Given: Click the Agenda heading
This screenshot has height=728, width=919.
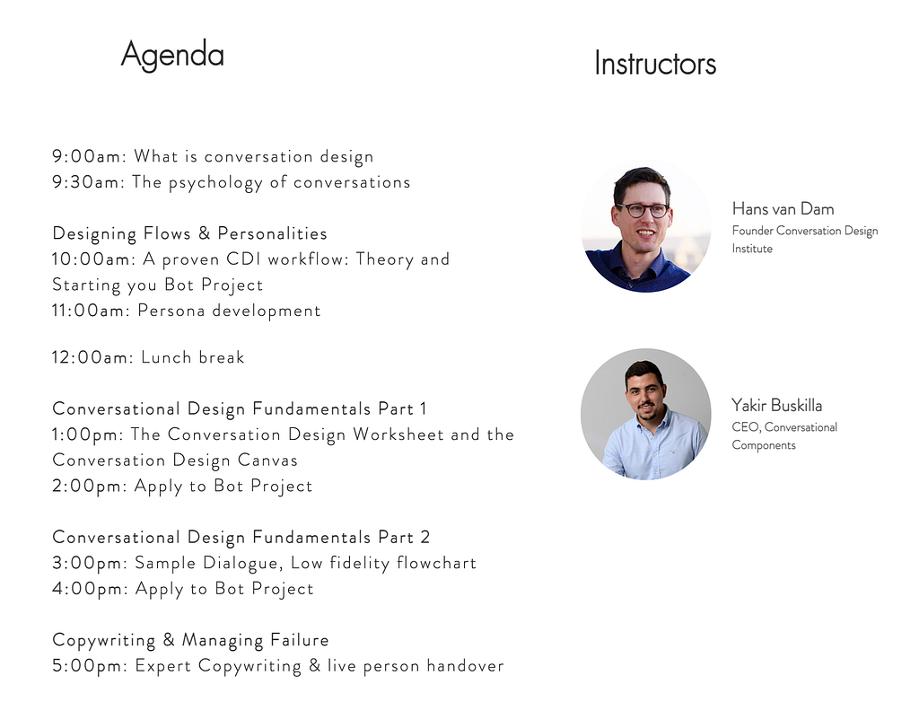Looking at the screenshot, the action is tap(172, 56).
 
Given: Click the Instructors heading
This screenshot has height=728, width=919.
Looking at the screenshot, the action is tap(655, 64).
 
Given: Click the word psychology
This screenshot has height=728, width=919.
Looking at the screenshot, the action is tap(215, 183).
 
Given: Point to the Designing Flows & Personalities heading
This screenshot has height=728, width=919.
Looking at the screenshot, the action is tap(190, 234).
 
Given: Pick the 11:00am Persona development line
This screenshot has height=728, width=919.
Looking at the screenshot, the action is tap(187, 311).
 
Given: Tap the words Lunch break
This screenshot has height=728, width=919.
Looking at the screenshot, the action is tap(193, 357).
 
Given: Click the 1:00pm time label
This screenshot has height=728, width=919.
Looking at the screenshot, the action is tap(88, 435).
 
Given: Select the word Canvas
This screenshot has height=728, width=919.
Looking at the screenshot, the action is tap(267, 460).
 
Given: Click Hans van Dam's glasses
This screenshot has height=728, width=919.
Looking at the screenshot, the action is tap(643, 210).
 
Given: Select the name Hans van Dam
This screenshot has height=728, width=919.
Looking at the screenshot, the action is tap(783, 208).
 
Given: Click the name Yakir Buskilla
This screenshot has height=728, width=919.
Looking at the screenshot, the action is tap(776, 406).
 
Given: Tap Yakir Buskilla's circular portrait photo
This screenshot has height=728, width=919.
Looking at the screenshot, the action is tap(646, 415).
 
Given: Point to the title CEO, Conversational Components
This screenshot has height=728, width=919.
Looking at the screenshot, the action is tap(784, 436).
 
